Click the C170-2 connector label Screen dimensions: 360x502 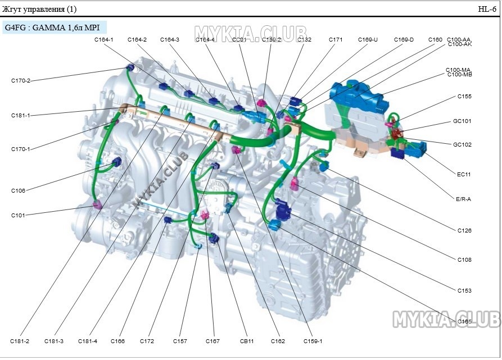tap(21, 81)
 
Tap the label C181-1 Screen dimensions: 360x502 tap(21, 116)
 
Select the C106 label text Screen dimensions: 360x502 tap(18, 191)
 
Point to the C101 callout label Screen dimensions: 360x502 tap(18, 215)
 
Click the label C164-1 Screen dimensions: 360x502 tap(104, 40)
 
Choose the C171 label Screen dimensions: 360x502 tap(336, 40)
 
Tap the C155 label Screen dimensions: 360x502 tap(464, 97)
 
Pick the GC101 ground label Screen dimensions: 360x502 tap(462, 121)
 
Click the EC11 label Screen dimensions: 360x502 tap(464, 175)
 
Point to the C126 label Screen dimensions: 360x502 tap(464, 231)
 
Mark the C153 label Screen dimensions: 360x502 tap(464, 291)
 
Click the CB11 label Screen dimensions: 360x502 tap(247, 341)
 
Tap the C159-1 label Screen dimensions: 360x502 tap(313, 341)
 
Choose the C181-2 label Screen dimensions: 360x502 tap(20, 341)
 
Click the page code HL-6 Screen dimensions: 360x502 tap(487, 9)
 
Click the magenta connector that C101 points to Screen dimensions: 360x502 tap(97, 204)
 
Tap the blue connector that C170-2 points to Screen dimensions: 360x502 tap(130, 68)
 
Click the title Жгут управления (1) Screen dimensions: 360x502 tap(40, 9)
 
